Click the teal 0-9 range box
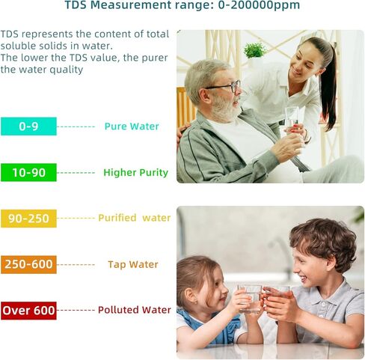pos(28,126)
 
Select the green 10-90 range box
pos(28,173)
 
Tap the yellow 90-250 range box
pos(28,219)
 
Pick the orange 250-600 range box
pos(28,265)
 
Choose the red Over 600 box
pos(28,311)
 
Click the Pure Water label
pos(132,126)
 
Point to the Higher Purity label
pos(135,173)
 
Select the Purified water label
pos(134,219)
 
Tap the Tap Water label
pos(132,265)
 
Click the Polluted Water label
pos(134,311)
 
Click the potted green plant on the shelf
pos(255,52)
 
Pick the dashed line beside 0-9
pos(76,126)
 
